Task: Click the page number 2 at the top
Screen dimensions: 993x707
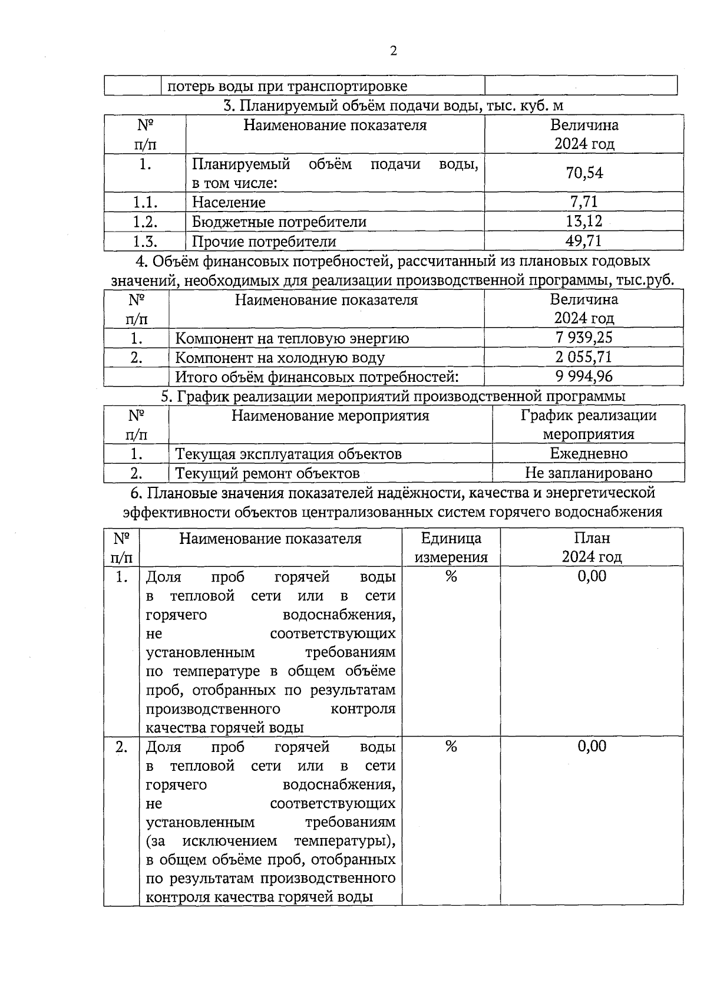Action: coord(394,51)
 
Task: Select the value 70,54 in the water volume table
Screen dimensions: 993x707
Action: coord(584,173)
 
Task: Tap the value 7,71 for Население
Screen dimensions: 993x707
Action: coord(584,202)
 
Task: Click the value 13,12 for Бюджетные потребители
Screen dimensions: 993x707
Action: coord(584,222)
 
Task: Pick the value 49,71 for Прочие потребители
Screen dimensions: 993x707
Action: coord(584,241)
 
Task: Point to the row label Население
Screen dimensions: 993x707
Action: coord(229,203)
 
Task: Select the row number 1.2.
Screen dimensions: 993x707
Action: coord(145,222)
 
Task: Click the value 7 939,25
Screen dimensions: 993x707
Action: coord(584,338)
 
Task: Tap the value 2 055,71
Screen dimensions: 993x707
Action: coord(584,357)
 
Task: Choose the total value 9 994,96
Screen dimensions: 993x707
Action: coord(584,377)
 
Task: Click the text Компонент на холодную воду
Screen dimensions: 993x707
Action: coord(280,358)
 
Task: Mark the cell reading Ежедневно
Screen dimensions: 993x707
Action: coord(589,454)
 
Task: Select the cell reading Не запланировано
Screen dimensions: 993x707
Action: coord(589,473)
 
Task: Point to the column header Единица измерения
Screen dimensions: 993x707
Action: coord(451,547)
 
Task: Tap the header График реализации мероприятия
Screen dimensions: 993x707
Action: coord(589,425)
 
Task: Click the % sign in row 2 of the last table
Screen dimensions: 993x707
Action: coord(451,747)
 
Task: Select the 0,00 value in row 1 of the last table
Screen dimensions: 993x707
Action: coord(592,576)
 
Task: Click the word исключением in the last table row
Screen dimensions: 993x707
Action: coord(230,841)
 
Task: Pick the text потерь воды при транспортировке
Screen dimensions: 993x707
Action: coord(288,87)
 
